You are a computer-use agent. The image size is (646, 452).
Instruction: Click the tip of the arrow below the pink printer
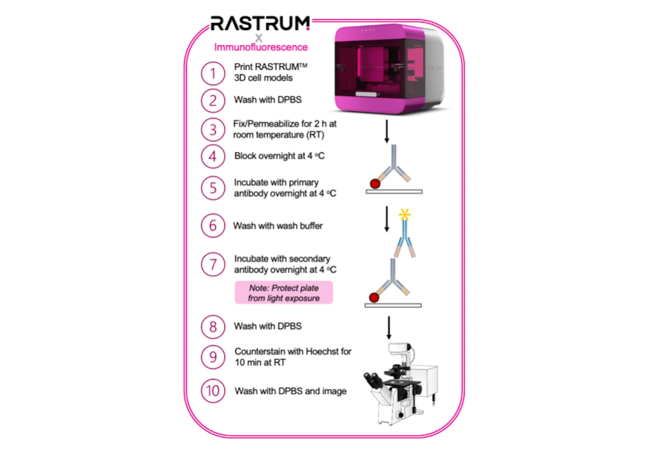click(387, 143)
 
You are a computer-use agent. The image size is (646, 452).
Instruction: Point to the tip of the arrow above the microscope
click(389, 339)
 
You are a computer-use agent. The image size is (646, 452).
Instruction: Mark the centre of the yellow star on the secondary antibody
click(405, 214)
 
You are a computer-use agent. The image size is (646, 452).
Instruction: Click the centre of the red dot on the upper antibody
click(375, 184)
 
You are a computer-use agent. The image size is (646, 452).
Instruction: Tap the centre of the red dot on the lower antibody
click(374, 297)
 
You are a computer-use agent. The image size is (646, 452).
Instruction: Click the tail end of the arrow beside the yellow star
click(387, 207)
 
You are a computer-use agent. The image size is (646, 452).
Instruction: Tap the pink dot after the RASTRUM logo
click(308, 29)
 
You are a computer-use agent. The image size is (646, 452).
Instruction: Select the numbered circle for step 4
click(213, 156)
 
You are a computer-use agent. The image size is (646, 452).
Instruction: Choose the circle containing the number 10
click(213, 391)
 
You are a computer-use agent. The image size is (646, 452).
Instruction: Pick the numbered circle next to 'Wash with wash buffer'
click(213, 226)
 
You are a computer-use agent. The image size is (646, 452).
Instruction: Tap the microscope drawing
click(401, 384)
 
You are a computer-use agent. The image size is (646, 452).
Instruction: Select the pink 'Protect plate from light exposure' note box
click(284, 292)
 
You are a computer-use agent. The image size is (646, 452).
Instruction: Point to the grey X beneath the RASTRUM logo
click(259, 38)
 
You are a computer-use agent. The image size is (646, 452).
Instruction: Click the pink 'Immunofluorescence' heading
click(261, 47)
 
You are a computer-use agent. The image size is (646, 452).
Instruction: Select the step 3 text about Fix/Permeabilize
click(285, 129)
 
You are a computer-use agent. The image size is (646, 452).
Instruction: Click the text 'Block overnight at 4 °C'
click(279, 156)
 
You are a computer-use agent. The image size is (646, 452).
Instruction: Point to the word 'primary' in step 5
click(304, 183)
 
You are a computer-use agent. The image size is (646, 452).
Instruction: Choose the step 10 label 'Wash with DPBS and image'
click(290, 391)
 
